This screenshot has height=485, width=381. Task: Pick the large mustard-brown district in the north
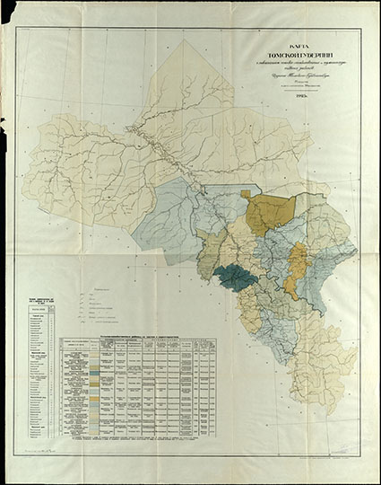266,214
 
